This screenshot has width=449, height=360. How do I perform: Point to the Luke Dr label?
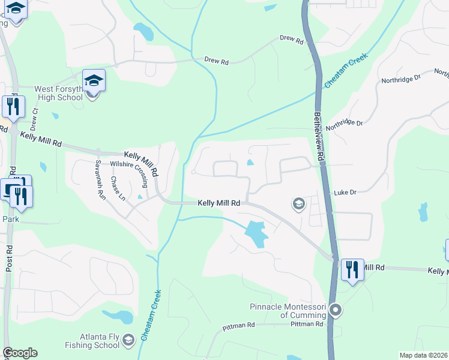click(345, 192)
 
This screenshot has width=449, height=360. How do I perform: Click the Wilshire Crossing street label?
click(129, 167)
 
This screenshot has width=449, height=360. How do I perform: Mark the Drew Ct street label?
click(34, 119)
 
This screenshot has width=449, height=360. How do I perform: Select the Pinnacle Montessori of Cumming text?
click(288, 311)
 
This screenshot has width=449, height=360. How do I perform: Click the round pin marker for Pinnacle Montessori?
click(336, 311)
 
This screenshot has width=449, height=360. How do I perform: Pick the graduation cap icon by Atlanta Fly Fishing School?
click(128, 341)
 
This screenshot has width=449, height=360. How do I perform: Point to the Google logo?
click(20, 353)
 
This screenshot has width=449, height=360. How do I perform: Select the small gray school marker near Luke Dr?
click(298, 205)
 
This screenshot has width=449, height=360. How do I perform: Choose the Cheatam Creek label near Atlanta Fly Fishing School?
click(152, 316)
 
